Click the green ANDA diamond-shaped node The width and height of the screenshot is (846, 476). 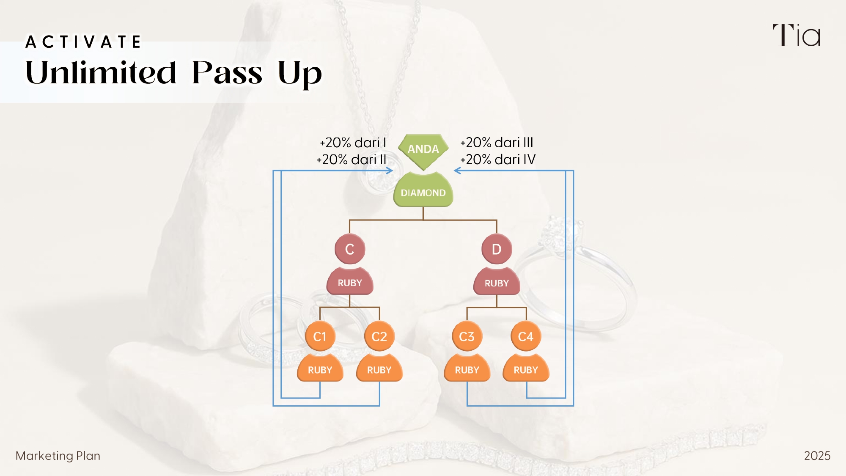423,150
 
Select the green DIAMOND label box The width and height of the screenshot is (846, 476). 423,193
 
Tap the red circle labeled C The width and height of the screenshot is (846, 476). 350,249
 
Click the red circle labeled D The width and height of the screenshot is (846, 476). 497,249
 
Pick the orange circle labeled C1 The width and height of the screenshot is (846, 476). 320,337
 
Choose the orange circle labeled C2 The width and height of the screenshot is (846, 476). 379,337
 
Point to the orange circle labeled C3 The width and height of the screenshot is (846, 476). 467,337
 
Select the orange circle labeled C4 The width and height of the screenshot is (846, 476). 526,337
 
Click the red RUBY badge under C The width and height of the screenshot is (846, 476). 350,283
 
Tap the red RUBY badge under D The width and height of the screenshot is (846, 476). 497,283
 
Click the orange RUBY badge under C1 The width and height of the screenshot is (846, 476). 320,370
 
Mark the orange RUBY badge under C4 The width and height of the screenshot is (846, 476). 526,370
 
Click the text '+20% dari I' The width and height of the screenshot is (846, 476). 353,143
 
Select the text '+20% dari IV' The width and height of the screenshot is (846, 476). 498,160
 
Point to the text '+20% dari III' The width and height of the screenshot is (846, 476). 497,143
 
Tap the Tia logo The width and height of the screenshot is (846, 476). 796,36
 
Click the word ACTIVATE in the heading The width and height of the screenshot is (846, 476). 83,42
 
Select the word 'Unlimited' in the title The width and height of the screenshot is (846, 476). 101,73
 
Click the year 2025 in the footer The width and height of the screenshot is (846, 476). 817,456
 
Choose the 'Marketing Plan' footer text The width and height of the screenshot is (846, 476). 58,456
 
